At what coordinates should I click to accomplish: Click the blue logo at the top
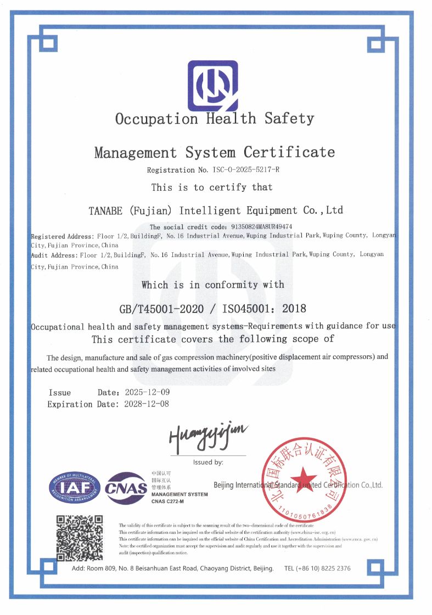point(212,86)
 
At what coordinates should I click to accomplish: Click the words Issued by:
point(208,462)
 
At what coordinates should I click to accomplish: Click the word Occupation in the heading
point(156,118)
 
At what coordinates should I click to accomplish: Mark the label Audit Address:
point(54,255)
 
